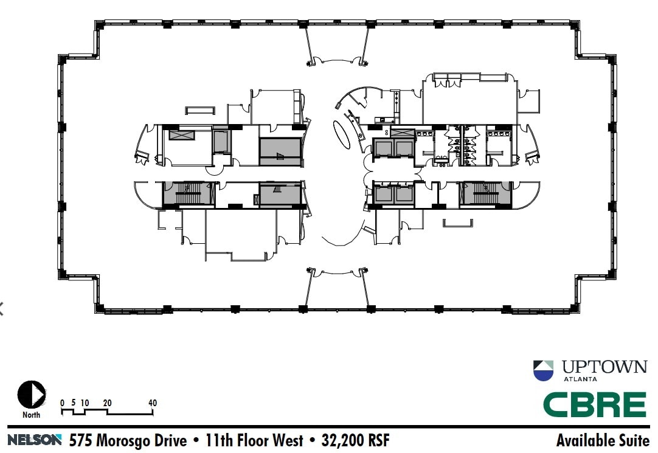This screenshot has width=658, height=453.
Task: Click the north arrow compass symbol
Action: pos(32,395)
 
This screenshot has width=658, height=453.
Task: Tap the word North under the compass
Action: pos(32,415)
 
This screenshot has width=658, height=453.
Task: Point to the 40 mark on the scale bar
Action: pos(152,403)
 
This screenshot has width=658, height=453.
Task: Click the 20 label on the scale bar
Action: pos(107,403)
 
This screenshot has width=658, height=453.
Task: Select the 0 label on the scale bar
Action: pos(62,403)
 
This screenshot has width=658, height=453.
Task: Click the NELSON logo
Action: pos(35,439)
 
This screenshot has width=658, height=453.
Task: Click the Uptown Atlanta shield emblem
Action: pos(543,370)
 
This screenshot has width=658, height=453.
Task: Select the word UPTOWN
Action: pos(604,367)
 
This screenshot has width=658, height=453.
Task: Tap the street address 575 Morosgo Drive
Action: pos(128,440)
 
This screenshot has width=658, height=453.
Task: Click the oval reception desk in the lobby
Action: pos(342,133)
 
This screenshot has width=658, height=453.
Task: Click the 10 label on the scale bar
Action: pos(85,403)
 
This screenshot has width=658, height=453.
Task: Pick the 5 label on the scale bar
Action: pos(73,403)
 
